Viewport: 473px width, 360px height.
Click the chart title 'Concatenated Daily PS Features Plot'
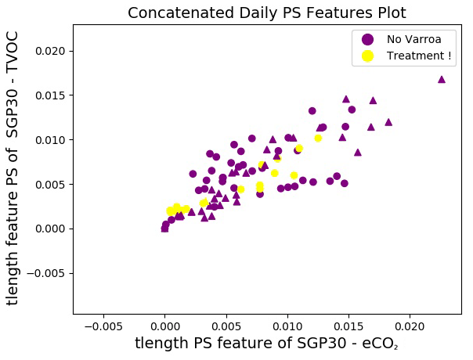click(x=267, y=13)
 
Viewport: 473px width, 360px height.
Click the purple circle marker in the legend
click(x=367, y=39)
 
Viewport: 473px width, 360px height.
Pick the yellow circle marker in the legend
click(x=367, y=56)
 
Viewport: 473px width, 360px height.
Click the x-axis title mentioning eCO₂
click(x=266, y=344)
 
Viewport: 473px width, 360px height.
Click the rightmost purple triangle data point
click(x=442, y=79)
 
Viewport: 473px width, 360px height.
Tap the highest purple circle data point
click(x=312, y=111)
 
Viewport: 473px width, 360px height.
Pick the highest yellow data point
click(x=318, y=138)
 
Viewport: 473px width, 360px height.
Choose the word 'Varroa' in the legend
click(x=422, y=39)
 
